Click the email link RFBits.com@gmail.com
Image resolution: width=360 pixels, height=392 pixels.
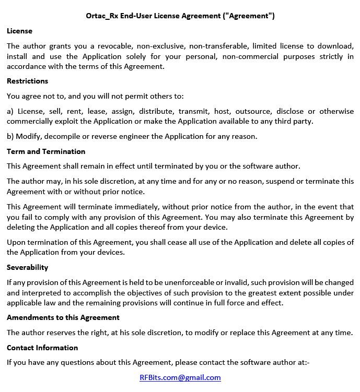[180, 377]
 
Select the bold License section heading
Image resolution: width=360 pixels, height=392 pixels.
[19, 31]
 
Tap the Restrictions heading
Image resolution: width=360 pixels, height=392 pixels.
[27, 81]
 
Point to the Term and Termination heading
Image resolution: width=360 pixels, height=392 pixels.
[46, 151]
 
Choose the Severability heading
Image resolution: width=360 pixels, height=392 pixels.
[27, 267]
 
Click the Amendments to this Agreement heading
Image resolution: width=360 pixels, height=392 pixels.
[63, 317]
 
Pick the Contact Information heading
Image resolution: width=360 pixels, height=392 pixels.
[42, 348]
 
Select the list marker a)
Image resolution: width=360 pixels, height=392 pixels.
[10, 111]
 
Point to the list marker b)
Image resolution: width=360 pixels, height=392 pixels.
[10, 137]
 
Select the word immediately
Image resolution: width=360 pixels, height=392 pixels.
[129, 207]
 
